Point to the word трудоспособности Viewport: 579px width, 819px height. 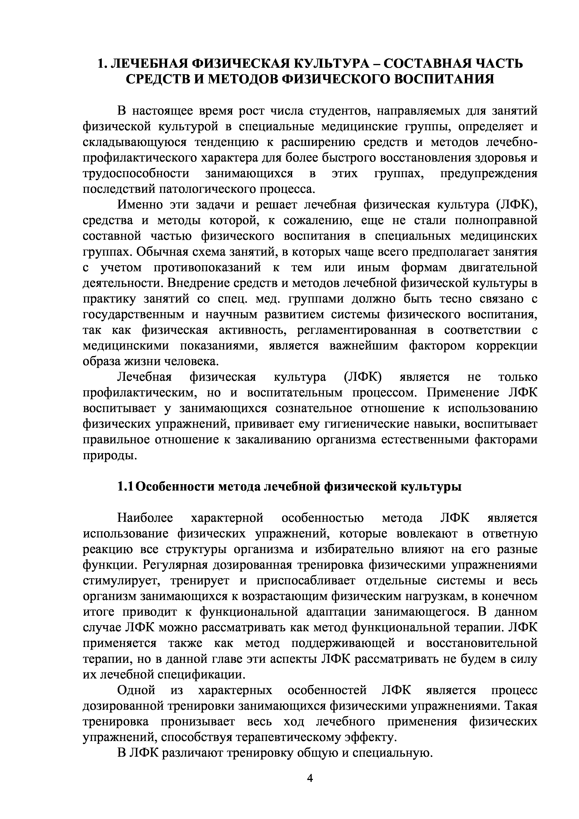(136, 174)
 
